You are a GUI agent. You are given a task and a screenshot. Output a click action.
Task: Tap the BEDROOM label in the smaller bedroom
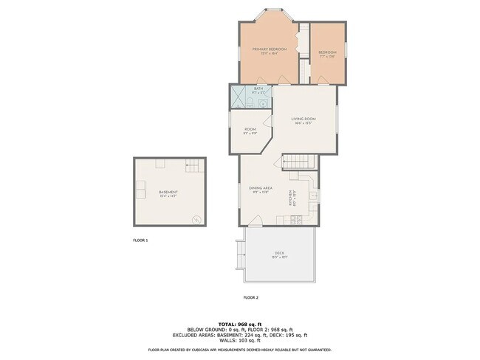pos(327,52)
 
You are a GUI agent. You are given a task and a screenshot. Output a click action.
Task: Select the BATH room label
pos(258,89)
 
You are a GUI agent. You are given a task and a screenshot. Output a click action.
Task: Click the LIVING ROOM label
pos(303,119)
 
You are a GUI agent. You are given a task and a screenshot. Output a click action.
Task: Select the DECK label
pos(279,253)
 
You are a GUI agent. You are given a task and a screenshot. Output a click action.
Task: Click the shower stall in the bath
pos(238,97)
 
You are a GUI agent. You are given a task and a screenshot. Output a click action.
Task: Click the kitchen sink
pos(313,195)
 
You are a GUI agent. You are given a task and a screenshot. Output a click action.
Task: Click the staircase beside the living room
pos(300,162)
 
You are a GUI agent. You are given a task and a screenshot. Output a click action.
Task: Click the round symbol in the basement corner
pos(196,219)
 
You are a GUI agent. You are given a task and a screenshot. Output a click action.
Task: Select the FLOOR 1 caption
pos(140,240)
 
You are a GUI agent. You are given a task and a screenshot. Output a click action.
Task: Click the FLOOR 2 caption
pos(251,297)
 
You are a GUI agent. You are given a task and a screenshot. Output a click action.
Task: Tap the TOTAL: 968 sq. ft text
pos(239,324)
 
